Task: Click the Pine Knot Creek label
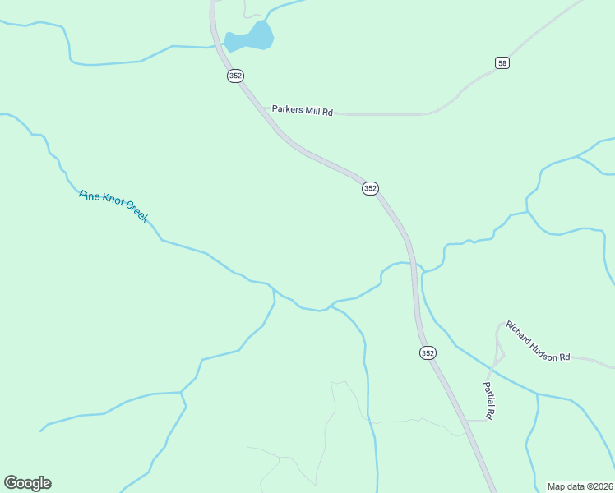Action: [113, 206]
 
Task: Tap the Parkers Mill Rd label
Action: [302, 110]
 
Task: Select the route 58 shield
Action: [502, 62]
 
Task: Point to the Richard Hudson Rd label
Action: [538, 341]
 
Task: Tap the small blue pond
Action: [250, 38]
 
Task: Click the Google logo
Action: [27, 483]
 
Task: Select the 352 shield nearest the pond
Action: [236, 76]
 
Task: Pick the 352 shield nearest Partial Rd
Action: [428, 352]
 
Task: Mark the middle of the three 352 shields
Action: [370, 188]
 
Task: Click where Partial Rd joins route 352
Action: [468, 421]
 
